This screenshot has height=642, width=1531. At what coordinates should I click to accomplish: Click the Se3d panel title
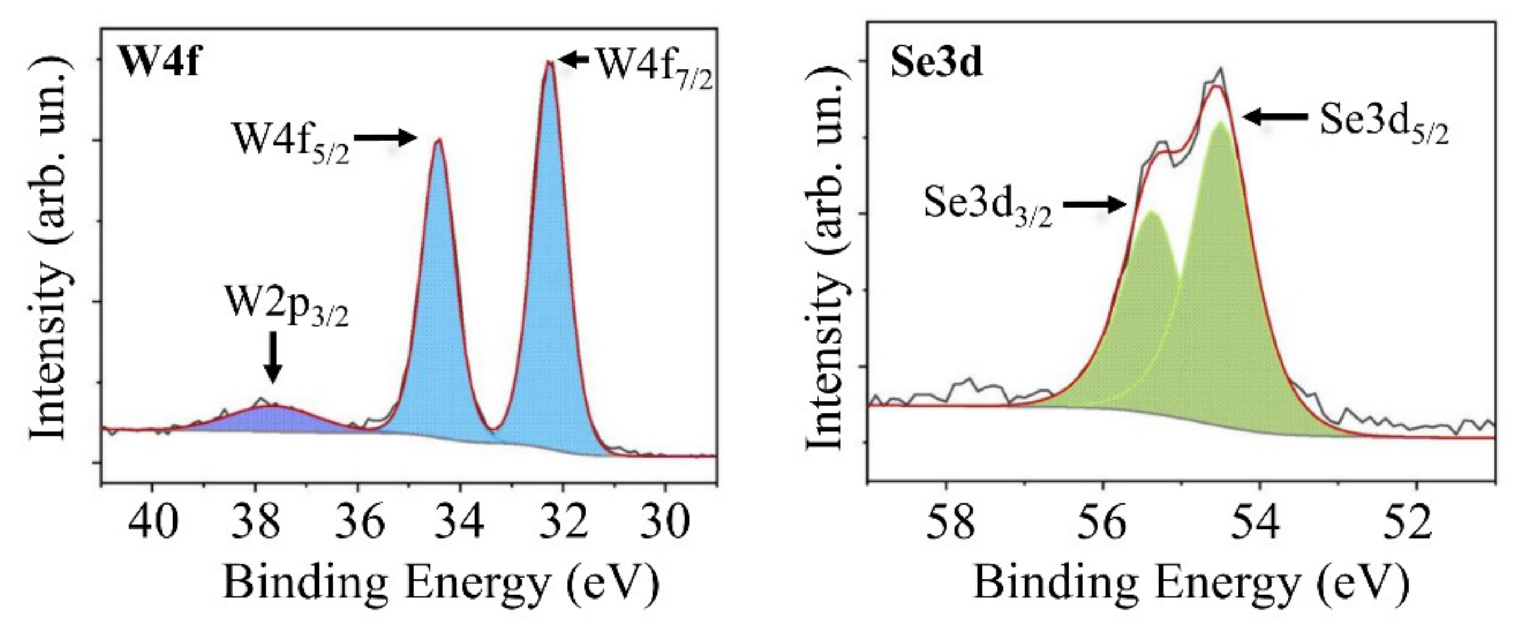[936, 64]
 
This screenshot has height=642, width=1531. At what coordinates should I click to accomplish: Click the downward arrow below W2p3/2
[273, 356]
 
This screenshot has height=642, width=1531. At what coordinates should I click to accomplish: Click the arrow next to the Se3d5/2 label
[1275, 117]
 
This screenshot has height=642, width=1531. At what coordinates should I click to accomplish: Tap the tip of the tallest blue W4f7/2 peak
[550, 63]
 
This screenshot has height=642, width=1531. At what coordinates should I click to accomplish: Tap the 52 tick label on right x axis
[1416, 522]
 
